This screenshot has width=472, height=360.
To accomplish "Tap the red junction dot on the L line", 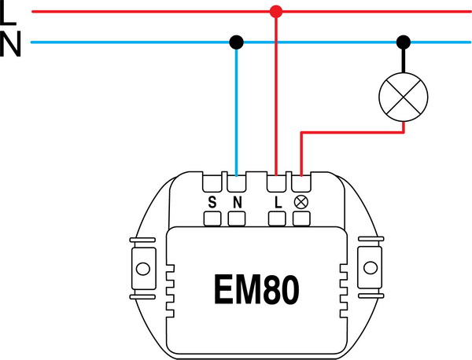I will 275,12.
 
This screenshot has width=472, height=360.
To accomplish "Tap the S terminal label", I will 212,202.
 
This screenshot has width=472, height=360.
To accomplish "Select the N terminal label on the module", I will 236,202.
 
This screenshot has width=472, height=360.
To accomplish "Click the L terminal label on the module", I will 277,202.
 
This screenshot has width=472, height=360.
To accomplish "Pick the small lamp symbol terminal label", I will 301,202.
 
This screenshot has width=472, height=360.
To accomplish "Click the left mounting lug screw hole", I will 142,266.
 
